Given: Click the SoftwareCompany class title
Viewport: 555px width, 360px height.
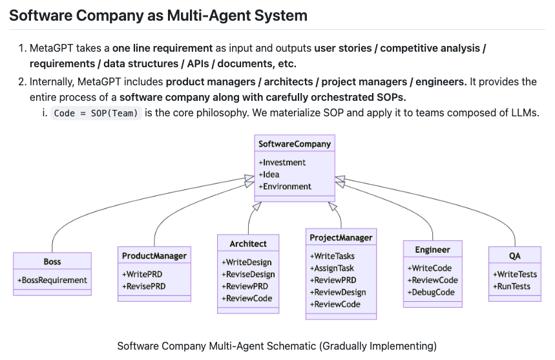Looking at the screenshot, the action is point(295,143).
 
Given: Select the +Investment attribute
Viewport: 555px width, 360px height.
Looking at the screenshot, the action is point(282,162).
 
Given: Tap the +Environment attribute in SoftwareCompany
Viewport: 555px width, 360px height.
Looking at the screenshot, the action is point(285,187).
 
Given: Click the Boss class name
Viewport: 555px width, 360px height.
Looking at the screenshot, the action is point(52,262).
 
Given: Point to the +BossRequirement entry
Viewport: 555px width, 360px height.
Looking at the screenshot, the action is point(52,281).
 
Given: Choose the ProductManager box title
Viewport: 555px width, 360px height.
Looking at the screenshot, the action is point(154,256).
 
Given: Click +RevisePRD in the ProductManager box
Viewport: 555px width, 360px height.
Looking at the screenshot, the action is point(143,286).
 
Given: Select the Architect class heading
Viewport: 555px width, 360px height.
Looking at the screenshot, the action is point(248,244).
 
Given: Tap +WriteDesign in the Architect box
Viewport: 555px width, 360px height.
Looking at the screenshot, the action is point(247,262).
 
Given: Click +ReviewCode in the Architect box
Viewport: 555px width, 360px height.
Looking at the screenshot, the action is point(247,299).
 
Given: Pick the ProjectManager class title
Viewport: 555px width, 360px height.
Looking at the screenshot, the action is point(341,237).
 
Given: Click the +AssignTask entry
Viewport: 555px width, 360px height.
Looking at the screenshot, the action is point(332,268).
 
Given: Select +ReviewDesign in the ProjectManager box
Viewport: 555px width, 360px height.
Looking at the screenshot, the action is point(338,292).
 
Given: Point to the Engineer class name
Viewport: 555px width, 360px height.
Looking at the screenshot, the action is point(432,250).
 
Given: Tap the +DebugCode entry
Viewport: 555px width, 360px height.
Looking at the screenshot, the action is point(431,292).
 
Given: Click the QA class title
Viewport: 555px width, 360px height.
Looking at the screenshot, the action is point(515,256).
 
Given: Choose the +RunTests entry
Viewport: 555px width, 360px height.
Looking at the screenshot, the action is point(512,286).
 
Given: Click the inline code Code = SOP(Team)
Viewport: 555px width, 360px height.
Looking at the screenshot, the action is point(96,113).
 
